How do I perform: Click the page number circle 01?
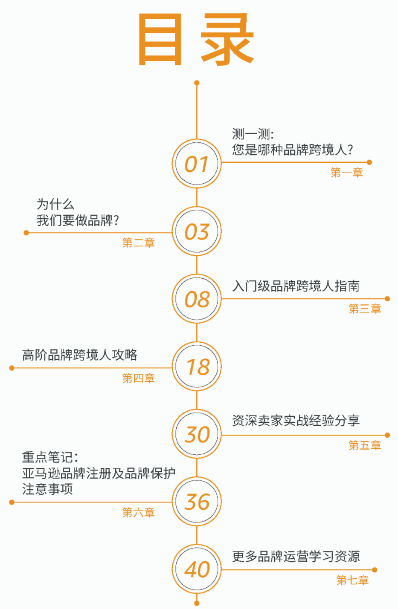(x=197, y=164)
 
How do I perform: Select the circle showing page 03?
(x=197, y=231)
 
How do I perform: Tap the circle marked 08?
(x=197, y=299)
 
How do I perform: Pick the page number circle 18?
(x=197, y=367)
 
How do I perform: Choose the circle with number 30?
(x=197, y=434)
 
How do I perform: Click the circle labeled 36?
(x=197, y=501)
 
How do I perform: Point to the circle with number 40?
(x=197, y=569)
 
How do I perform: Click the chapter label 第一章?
(x=346, y=173)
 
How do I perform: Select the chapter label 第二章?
(x=138, y=243)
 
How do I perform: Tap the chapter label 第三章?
(x=365, y=309)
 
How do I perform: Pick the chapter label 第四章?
(x=138, y=378)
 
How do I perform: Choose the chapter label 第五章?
(x=365, y=445)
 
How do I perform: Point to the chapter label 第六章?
(x=138, y=512)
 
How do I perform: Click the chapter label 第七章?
(x=352, y=580)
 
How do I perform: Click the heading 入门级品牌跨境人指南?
(x=296, y=286)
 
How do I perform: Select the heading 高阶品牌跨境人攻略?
(x=80, y=355)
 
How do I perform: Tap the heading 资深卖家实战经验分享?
(x=296, y=421)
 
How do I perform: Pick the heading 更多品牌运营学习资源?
(x=296, y=556)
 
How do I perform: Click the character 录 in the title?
(x=227, y=39)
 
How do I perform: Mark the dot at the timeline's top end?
(x=197, y=83)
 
